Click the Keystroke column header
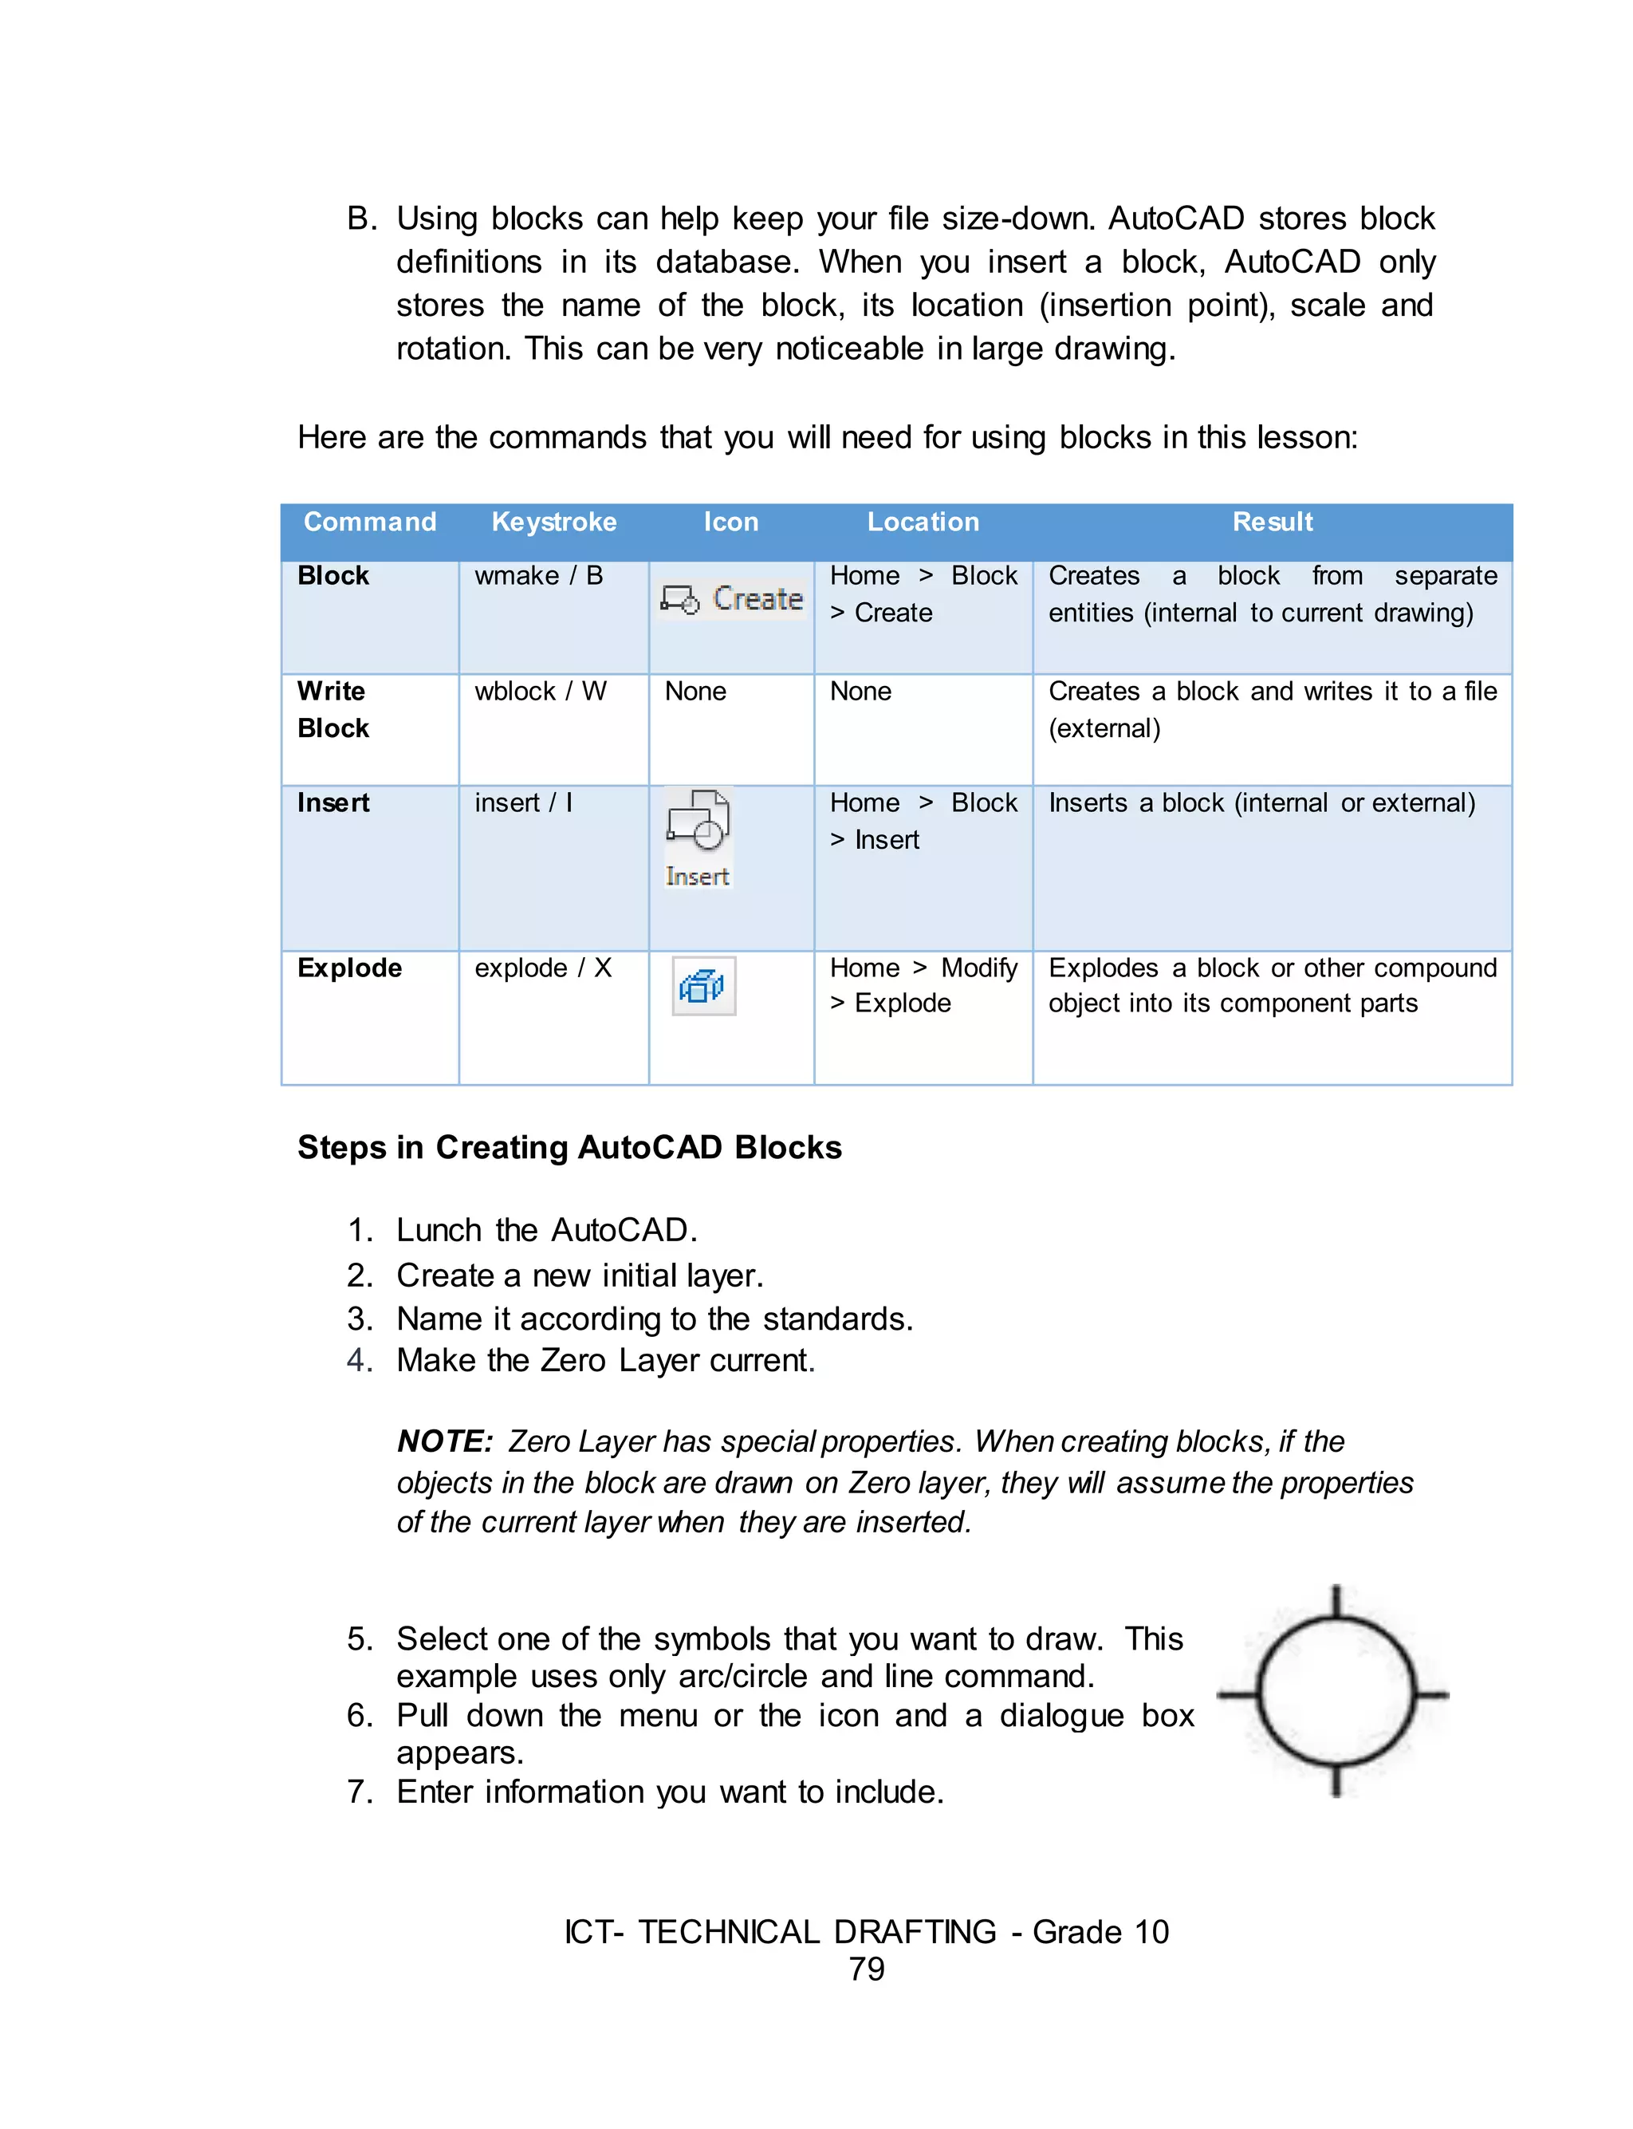tap(553, 522)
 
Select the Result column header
tap(1272, 522)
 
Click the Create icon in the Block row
tap(731, 599)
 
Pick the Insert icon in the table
tap(698, 836)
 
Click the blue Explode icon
tap(702, 986)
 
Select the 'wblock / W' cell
tap(540, 692)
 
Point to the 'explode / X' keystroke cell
tap(542, 968)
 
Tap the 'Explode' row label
tap(349, 968)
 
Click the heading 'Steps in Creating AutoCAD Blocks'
tap(569, 1147)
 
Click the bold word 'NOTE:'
tap(444, 1441)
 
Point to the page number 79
tap(866, 1969)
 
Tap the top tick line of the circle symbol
tap(1336, 1601)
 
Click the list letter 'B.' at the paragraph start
tap(360, 219)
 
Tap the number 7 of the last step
tap(356, 1792)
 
